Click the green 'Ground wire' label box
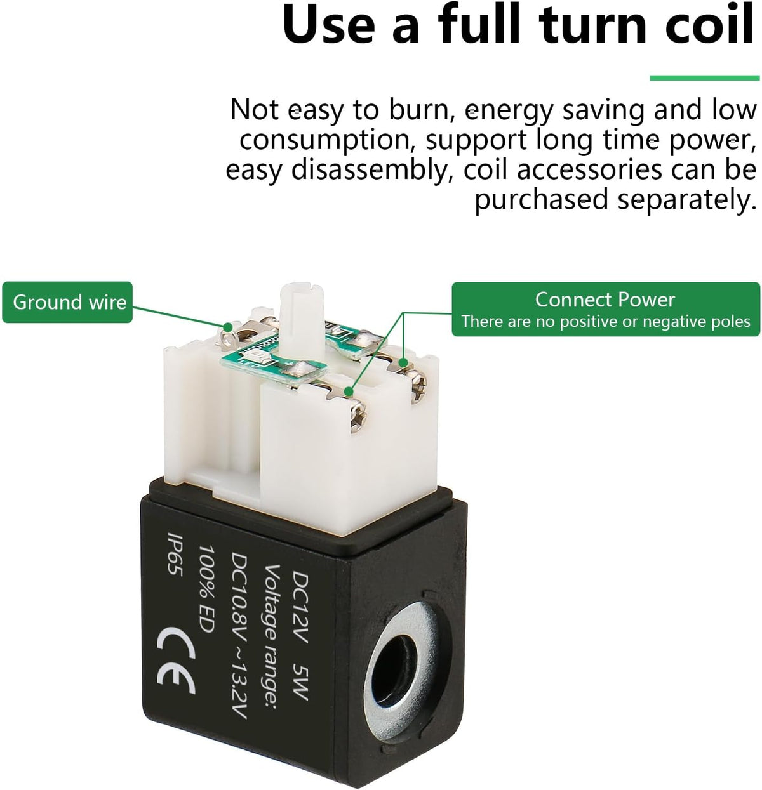[x=67, y=302]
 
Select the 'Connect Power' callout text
[x=605, y=300]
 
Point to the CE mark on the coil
[x=176, y=661]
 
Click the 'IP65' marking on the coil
[x=175, y=554]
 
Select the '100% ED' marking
[x=207, y=589]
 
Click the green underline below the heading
[x=705, y=77]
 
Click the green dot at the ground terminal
[x=228, y=327]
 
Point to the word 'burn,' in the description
[x=422, y=110]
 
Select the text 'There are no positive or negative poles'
[x=606, y=322]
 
